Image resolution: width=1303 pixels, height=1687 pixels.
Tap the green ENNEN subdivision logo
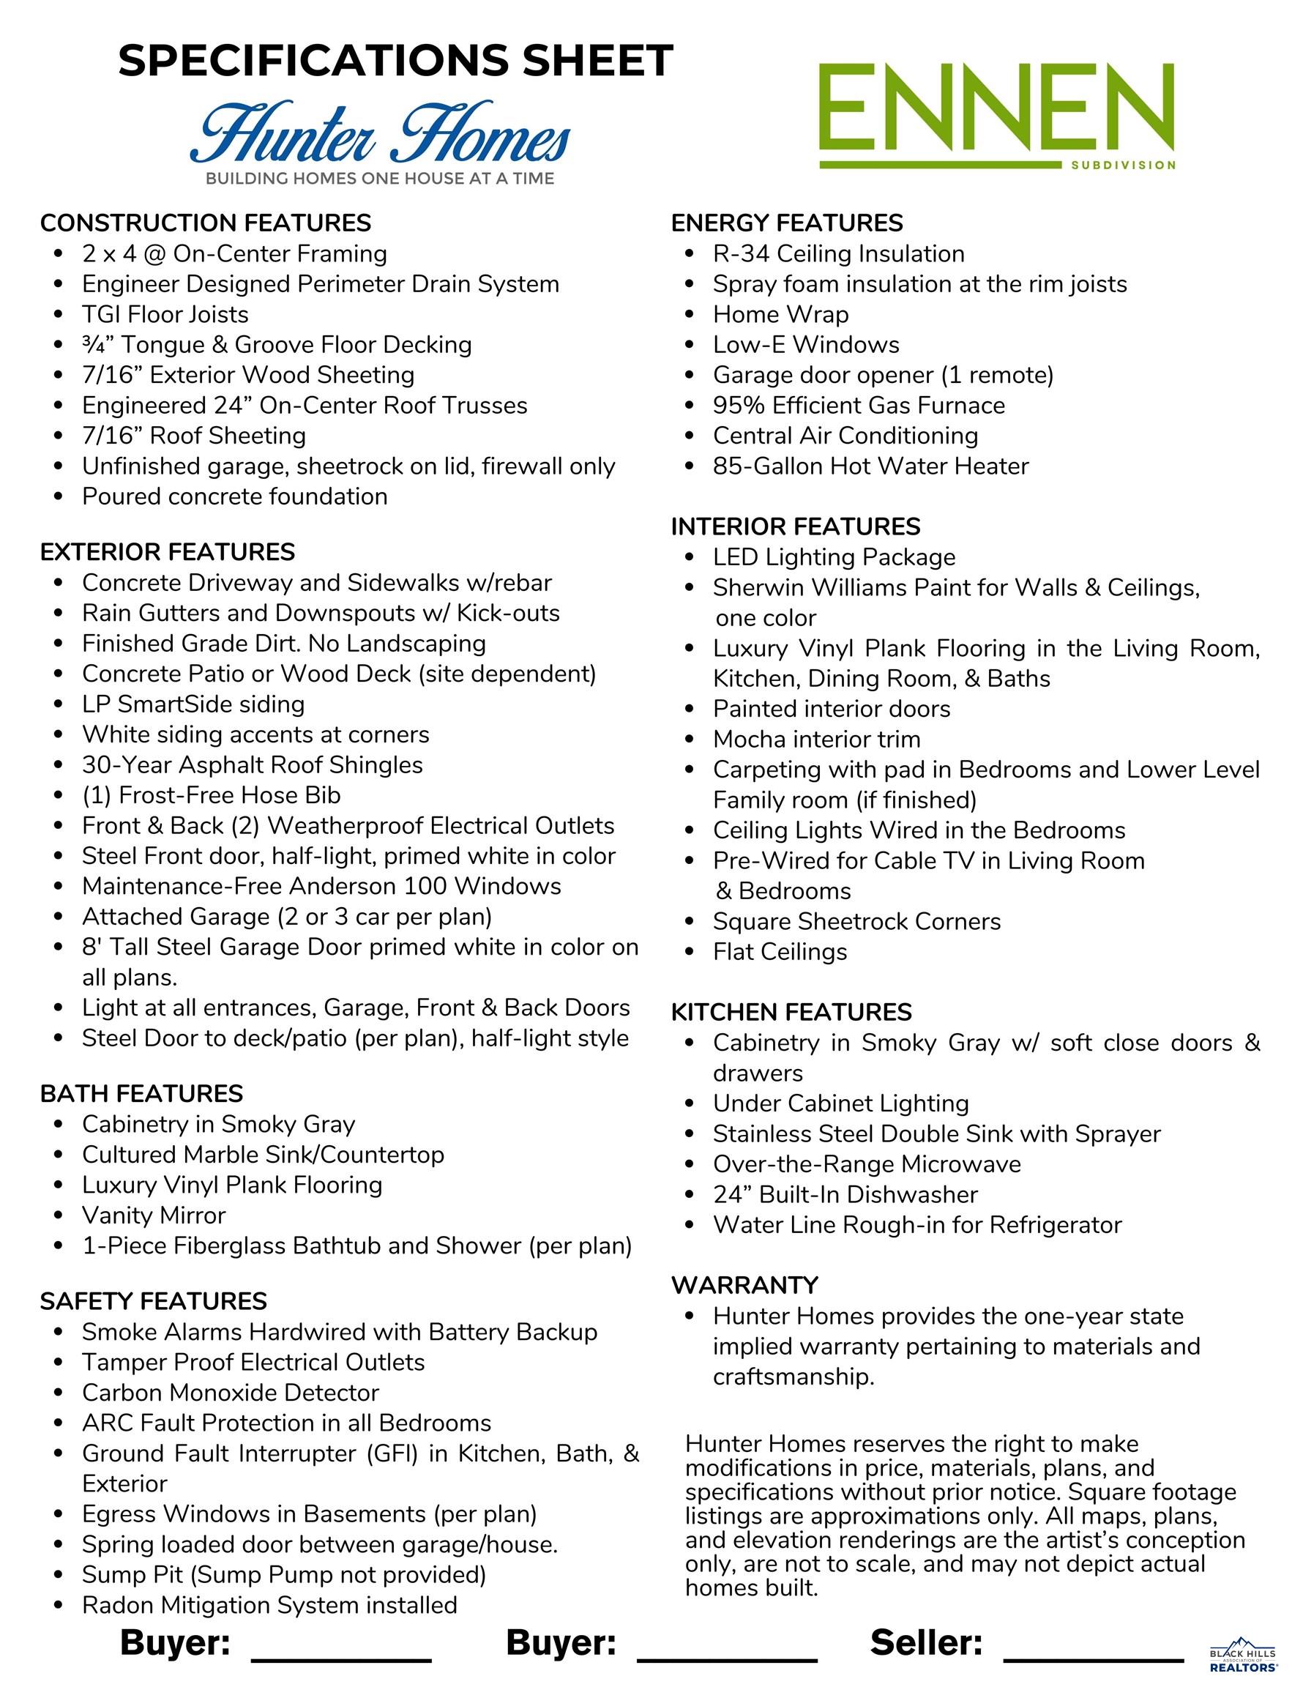[996, 116]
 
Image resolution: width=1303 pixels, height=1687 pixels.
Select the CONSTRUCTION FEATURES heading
[206, 223]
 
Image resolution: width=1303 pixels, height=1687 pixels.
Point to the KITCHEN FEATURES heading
[791, 1012]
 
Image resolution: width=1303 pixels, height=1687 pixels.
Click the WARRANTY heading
[744, 1284]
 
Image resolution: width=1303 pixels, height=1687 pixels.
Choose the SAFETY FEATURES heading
[153, 1301]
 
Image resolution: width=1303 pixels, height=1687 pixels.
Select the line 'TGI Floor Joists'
[165, 314]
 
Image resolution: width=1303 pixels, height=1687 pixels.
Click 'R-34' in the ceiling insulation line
[741, 253]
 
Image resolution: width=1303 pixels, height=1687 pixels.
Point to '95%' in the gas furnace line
[739, 405]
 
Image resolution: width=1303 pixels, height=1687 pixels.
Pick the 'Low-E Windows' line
[805, 345]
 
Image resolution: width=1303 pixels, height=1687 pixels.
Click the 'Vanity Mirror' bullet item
[154, 1215]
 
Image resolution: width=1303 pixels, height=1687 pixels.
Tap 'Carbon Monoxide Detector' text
[230, 1392]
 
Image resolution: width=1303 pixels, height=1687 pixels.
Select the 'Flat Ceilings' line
[780, 952]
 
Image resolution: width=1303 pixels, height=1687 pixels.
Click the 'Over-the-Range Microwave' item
[867, 1164]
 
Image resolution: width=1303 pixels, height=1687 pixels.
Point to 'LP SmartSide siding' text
[193, 704]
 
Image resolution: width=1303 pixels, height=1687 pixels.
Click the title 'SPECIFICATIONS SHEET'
[395, 60]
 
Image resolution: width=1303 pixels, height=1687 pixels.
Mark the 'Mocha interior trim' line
[816, 740]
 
